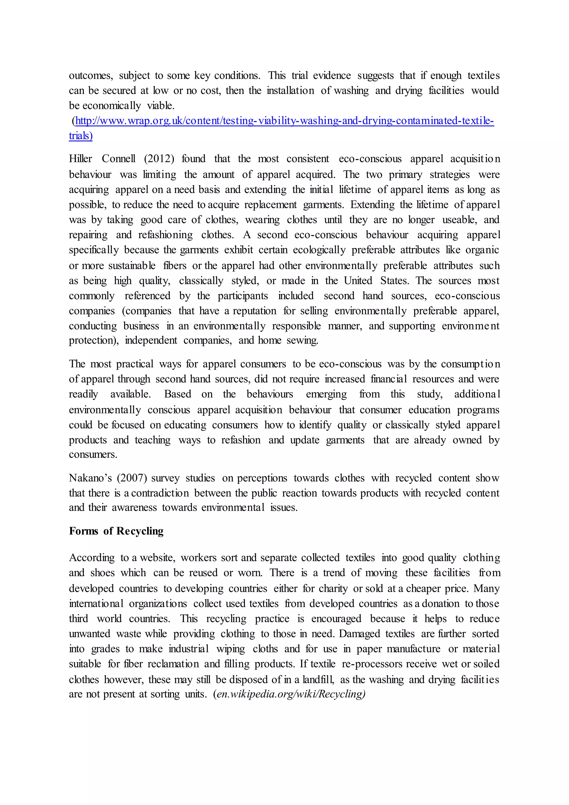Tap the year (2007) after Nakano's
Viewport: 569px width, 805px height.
[x=132, y=478]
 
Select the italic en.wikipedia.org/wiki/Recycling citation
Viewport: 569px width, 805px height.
[x=291, y=694]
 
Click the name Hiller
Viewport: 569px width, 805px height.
[x=81, y=159]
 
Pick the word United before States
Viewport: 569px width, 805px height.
[x=358, y=280]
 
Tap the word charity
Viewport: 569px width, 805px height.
[x=331, y=588]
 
